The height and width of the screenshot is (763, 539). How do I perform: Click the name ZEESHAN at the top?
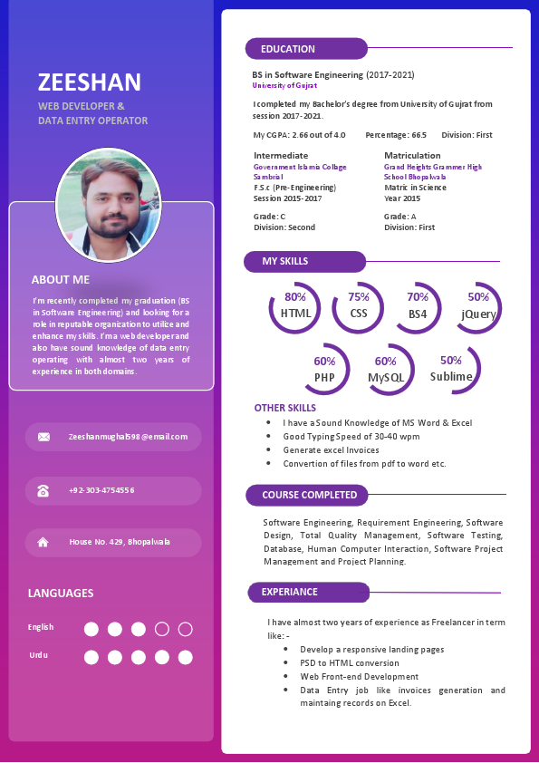(90, 82)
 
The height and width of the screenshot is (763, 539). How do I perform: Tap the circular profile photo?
(109, 205)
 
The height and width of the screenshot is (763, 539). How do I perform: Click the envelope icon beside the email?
(43, 437)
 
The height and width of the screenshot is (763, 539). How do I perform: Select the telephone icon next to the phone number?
(43, 490)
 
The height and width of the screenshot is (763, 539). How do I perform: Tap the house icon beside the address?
(43, 542)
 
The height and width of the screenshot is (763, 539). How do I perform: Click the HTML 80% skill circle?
(295, 307)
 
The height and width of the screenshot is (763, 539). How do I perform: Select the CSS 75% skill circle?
(359, 307)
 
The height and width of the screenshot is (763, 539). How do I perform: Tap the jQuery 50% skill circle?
(477, 307)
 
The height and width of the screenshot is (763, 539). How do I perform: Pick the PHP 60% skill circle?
(324, 370)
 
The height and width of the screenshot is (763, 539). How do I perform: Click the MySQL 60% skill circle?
(386, 370)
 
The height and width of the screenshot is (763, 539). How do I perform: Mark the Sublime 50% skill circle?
(452, 369)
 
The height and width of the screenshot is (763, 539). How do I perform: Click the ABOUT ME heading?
(61, 280)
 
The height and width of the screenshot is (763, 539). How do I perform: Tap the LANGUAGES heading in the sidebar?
(61, 594)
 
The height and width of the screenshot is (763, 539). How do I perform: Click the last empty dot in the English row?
(186, 629)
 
